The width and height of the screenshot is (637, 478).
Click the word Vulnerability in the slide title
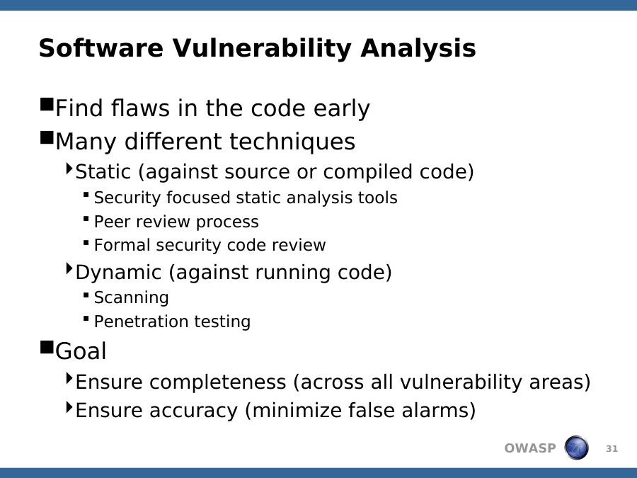point(263,48)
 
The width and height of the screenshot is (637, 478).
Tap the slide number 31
point(612,449)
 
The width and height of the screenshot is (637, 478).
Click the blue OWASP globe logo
point(576,448)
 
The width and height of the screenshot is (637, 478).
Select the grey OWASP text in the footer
point(529,448)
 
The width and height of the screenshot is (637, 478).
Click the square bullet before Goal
point(47,348)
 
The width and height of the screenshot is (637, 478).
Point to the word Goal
point(81,351)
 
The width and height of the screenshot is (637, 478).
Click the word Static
point(103,171)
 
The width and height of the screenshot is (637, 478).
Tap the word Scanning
point(131,298)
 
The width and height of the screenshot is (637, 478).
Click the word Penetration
point(141,321)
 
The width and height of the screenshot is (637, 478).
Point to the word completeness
point(218,382)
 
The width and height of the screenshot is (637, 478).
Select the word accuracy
point(193,410)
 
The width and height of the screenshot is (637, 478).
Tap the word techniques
point(292,142)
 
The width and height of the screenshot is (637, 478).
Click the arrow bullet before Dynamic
point(69,268)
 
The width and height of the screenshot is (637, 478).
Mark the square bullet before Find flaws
point(47,104)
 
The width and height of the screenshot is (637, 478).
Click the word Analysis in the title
point(418,48)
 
